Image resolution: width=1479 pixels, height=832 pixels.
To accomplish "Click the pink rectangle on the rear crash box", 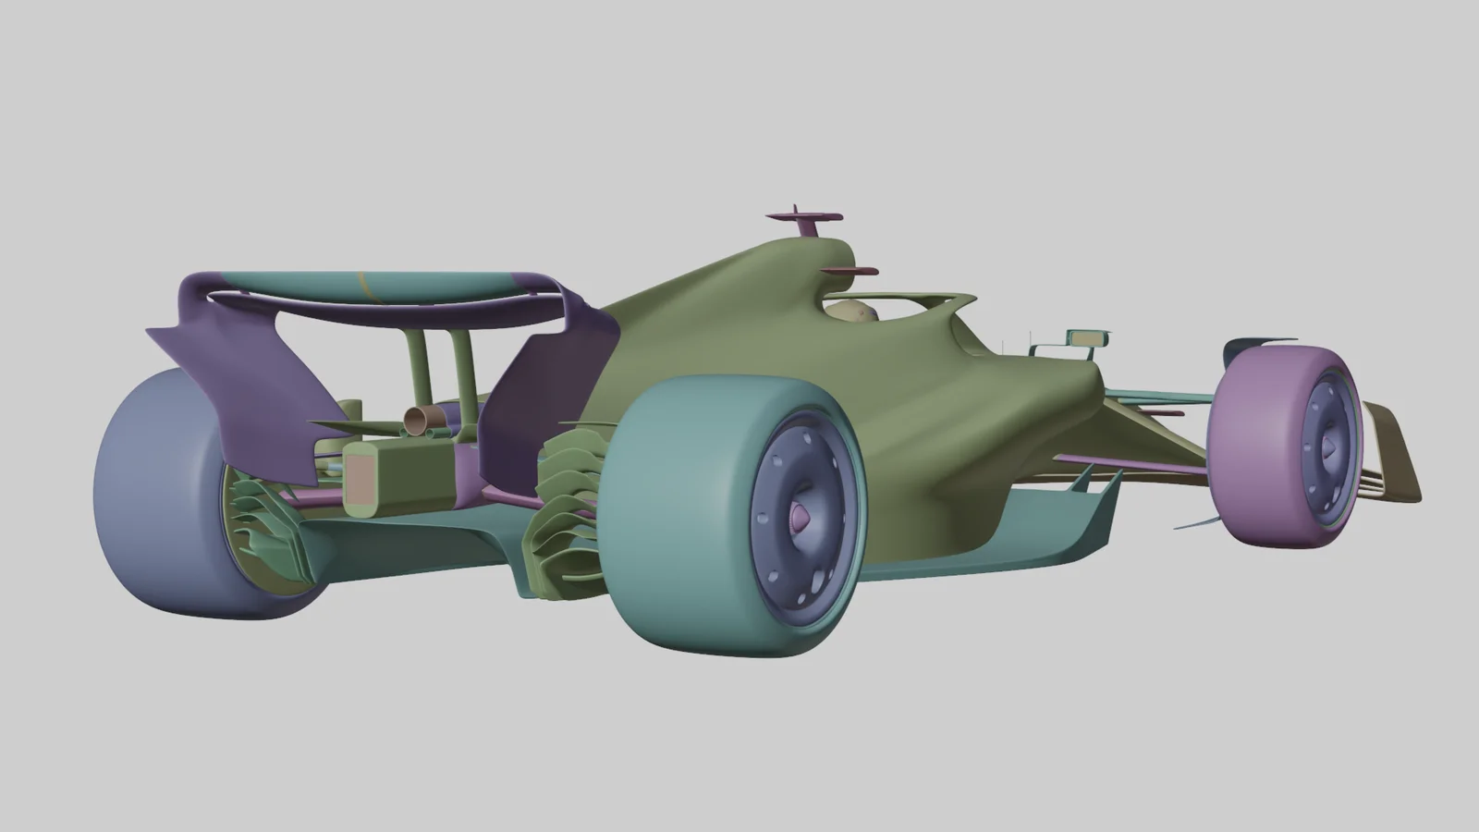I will (x=361, y=477).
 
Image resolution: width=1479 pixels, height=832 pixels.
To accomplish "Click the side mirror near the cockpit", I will (x=1085, y=337).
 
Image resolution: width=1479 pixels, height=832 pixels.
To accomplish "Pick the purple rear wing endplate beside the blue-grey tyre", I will (x=240, y=370).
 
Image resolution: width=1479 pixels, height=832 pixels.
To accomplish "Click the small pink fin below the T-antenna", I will (x=849, y=271).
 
